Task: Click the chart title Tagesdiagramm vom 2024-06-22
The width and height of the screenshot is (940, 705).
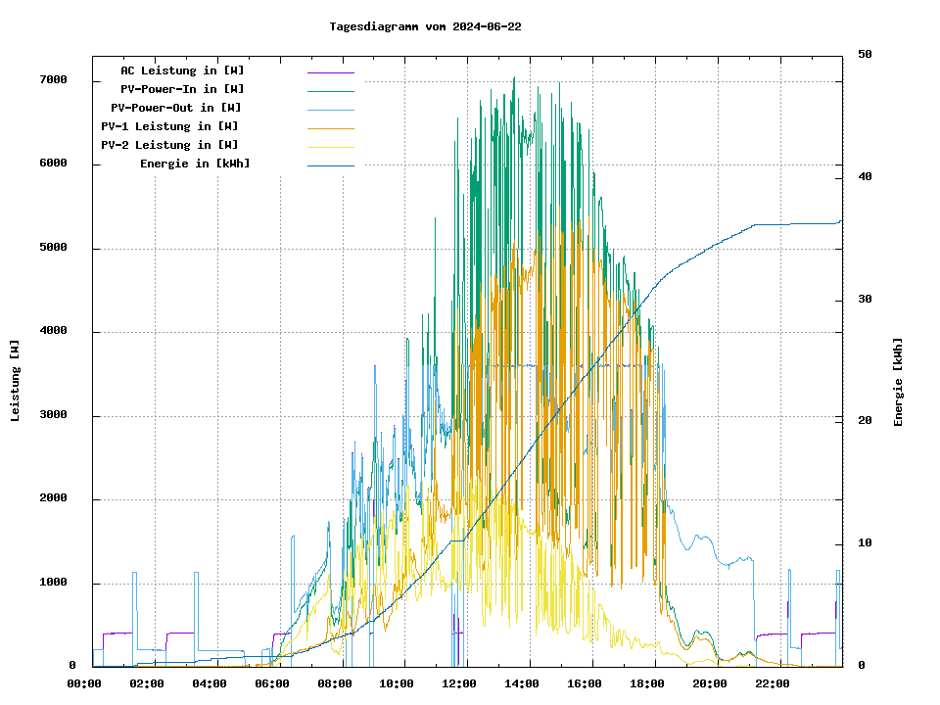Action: coord(426,26)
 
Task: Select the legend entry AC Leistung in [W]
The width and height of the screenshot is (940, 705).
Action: coord(182,70)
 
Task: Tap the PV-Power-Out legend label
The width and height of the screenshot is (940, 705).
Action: coord(176,108)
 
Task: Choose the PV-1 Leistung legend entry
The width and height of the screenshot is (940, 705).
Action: coord(169,126)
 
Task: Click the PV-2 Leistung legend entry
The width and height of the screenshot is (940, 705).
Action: coord(169,145)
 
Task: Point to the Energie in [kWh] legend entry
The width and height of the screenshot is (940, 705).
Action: coord(195,164)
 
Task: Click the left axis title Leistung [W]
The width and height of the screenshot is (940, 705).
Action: coord(16,381)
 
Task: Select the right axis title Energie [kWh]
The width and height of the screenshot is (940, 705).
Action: coord(898,382)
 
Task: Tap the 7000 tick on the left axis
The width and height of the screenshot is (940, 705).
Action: coord(53,80)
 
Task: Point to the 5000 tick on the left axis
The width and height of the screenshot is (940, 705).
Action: coord(53,248)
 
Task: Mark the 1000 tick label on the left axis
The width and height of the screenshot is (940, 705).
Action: coord(53,583)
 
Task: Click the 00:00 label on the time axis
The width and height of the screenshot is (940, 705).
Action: coord(84,683)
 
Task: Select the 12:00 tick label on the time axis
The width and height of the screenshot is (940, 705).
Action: coord(459,683)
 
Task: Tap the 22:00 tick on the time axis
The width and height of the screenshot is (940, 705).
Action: coord(773,683)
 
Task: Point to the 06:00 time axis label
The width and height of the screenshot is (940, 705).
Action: coord(272,683)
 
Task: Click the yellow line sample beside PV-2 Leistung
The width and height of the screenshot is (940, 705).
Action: coord(331,146)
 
